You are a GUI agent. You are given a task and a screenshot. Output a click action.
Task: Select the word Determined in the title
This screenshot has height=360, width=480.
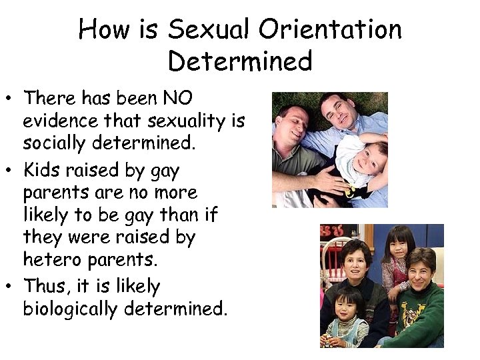coord(240,61)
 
